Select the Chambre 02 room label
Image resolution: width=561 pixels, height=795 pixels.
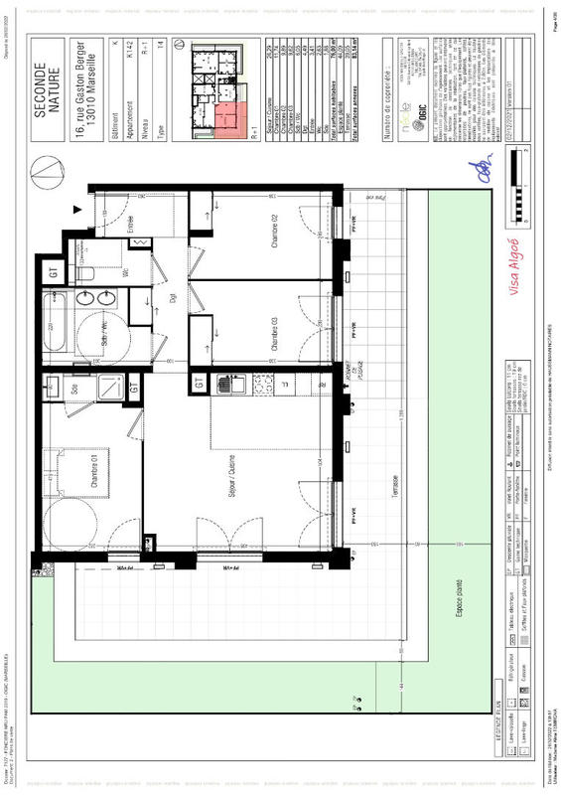tap(275, 235)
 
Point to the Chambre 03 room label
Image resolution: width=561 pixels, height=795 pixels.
tap(275, 334)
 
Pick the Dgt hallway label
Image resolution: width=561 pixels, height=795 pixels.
tap(171, 298)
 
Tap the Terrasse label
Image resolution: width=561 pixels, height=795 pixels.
tap(394, 487)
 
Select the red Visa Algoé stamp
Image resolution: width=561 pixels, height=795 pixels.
tap(514, 258)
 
